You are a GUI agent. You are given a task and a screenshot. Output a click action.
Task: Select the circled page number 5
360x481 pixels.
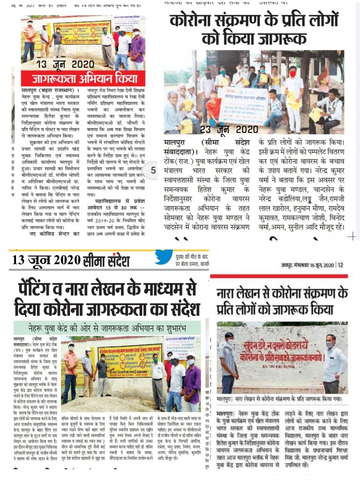[x=153, y=171]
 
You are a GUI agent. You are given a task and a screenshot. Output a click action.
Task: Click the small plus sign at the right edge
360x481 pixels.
[x=351, y=237]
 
